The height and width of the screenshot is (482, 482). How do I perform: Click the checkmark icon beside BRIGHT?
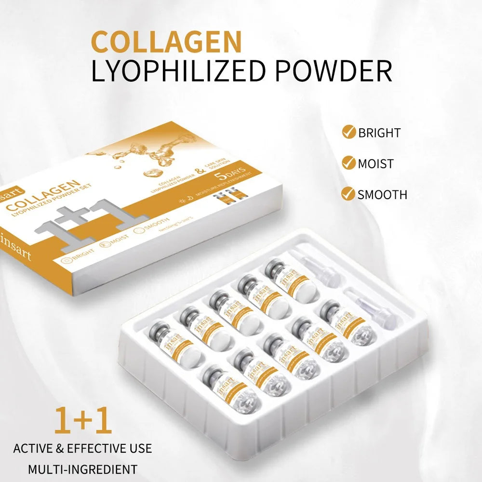[x=348, y=132]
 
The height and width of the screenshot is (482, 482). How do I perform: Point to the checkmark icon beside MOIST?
[x=348, y=163]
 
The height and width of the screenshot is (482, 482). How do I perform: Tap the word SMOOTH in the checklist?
[x=382, y=194]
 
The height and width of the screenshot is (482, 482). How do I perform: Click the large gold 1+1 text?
[x=83, y=420]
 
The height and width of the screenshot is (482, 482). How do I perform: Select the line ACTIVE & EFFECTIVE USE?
[x=82, y=448]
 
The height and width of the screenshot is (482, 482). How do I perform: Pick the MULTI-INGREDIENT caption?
[x=82, y=469]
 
